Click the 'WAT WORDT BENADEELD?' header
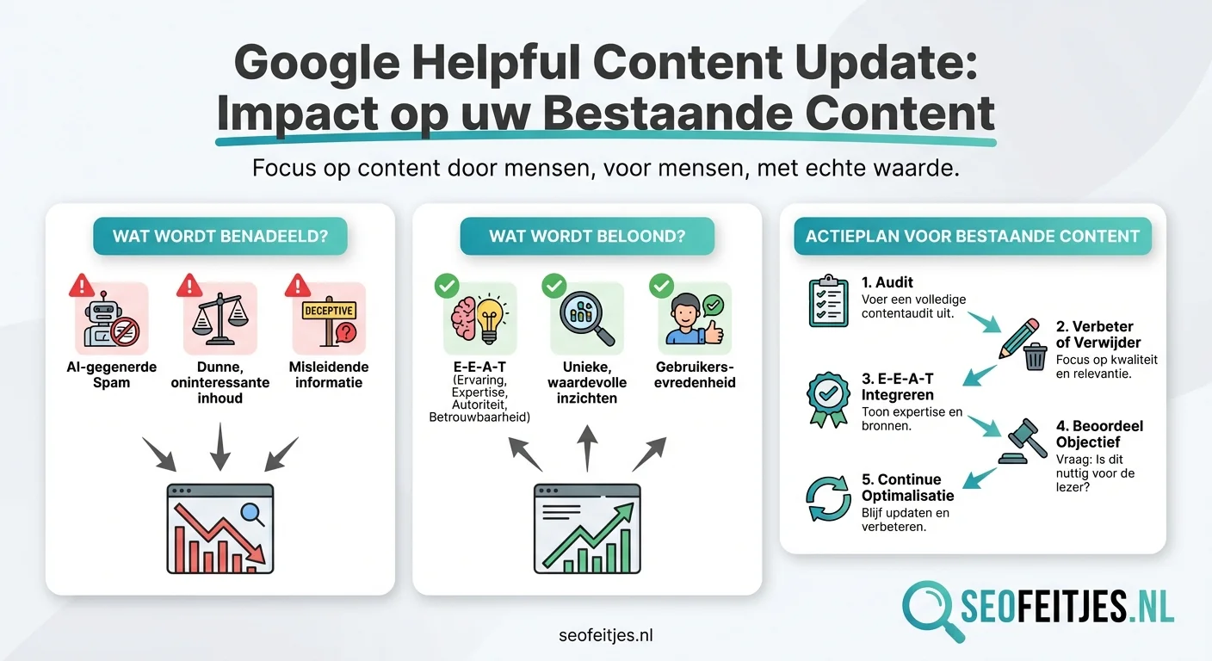click(220, 236)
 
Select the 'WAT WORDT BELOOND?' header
click(587, 236)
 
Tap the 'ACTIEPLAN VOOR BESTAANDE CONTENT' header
click(972, 236)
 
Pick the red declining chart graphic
click(220, 528)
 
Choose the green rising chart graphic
click(587, 528)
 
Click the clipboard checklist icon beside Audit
click(828, 301)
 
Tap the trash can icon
click(1035, 355)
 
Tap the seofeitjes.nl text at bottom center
click(605, 635)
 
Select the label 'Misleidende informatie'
click(329, 374)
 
